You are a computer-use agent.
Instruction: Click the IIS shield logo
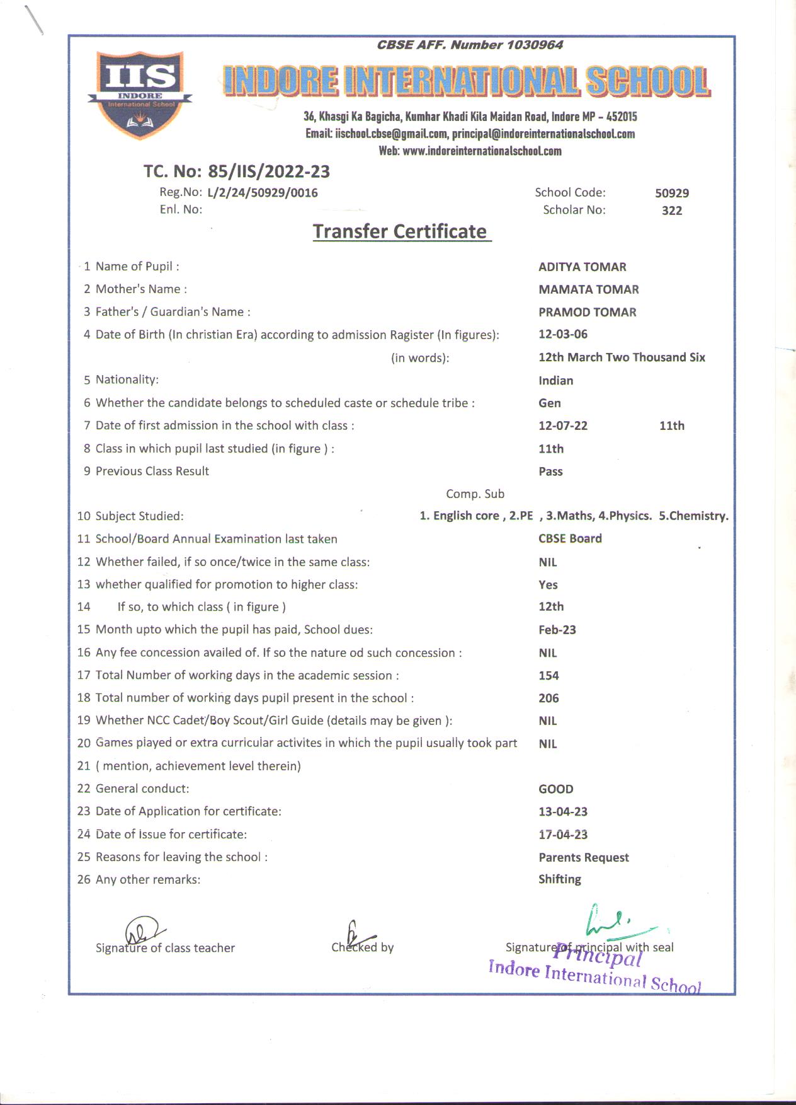(139, 93)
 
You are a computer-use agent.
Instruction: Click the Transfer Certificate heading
(401, 231)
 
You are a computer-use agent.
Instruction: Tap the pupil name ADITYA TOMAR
(582, 267)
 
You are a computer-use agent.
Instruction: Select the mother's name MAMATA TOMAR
(588, 289)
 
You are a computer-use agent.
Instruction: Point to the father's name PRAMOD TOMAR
(587, 312)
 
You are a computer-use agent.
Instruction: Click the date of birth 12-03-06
(562, 334)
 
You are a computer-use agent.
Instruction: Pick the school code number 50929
(671, 193)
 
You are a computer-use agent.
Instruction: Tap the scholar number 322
(671, 211)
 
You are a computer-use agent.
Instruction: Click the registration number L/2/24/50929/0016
(262, 193)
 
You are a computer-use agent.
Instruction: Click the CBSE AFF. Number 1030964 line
(469, 45)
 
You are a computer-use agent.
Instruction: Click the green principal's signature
(611, 922)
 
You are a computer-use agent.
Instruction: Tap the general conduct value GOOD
(555, 789)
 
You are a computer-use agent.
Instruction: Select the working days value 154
(549, 675)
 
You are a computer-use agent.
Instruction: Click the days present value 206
(549, 698)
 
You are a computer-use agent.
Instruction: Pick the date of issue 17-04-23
(562, 835)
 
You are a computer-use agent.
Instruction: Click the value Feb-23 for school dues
(557, 630)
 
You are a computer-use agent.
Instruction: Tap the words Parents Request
(583, 857)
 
